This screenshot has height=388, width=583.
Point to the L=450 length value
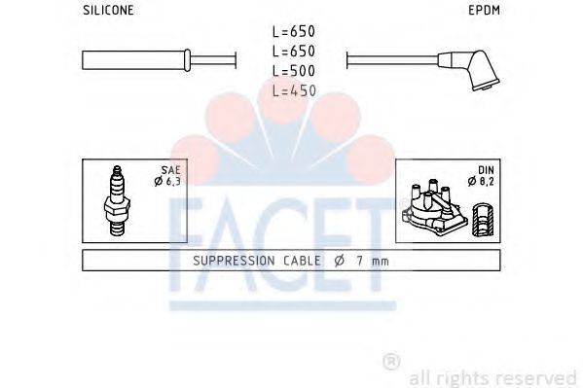coord(293,89)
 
